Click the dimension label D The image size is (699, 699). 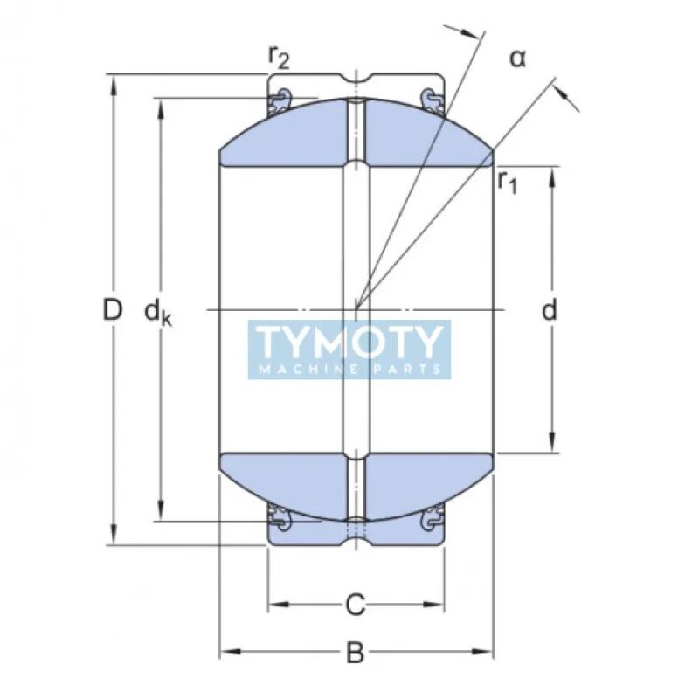pyautogui.click(x=111, y=309)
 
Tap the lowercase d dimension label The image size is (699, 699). pyautogui.click(x=550, y=310)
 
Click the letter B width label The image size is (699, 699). pyautogui.click(x=355, y=652)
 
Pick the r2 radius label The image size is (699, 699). pyautogui.click(x=278, y=58)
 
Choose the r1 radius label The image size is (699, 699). pyautogui.click(x=508, y=181)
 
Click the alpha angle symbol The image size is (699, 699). pyautogui.click(x=518, y=59)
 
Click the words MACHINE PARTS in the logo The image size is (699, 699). pyautogui.click(x=349, y=369)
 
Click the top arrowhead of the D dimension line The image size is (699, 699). pyautogui.click(x=112, y=82)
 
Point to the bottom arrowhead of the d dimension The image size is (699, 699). pyautogui.click(x=551, y=446)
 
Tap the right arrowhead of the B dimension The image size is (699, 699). pyautogui.click(x=486, y=651)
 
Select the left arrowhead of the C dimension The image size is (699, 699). pyautogui.click(x=275, y=603)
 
